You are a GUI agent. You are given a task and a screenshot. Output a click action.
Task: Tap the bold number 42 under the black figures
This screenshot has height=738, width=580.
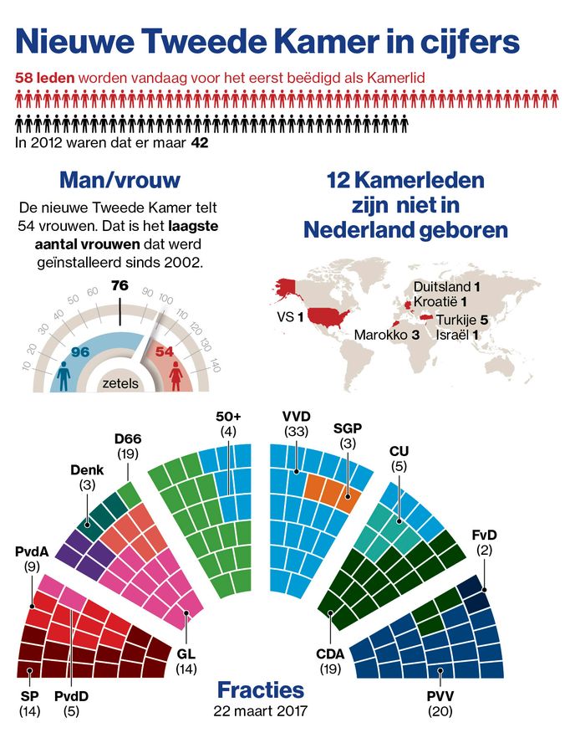coord(200,143)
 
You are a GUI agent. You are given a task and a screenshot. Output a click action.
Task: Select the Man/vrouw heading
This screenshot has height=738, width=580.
coord(120,181)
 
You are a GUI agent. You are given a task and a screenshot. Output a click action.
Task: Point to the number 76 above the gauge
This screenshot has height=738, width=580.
coord(120,285)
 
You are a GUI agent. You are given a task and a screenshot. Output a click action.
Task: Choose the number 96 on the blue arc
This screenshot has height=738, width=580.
coord(80,351)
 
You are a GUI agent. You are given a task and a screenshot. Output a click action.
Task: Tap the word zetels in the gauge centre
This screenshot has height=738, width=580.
coord(120,384)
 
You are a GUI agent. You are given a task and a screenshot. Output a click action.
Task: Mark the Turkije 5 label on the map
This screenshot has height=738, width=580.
coord(459,319)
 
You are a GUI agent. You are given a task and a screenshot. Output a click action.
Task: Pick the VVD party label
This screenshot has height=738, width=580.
coord(298,416)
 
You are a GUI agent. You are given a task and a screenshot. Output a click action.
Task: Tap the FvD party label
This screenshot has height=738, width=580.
coord(485,533)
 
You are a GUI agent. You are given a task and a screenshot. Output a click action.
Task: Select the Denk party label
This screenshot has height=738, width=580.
coord(87,470)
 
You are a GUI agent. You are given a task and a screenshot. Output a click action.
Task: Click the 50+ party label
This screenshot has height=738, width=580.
coord(228,416)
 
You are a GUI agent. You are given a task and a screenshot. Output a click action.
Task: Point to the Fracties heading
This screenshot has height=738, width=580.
coord(260,690)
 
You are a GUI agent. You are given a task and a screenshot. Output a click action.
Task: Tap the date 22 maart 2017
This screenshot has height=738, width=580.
coord(261,712)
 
